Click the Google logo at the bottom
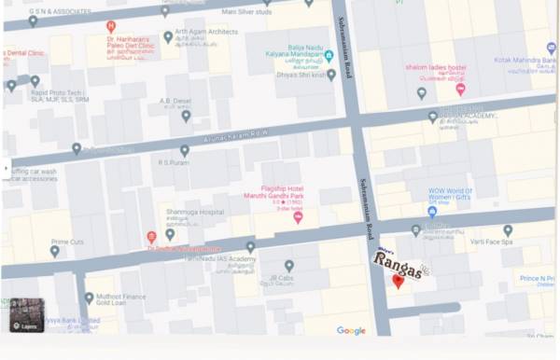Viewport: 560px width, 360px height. pos(351,330)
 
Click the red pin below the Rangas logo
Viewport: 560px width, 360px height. pos(399,282)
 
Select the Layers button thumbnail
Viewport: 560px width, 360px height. pos(23,315)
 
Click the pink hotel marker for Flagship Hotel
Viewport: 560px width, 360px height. pos(298,217)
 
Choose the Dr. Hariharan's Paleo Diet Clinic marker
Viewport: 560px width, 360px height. pos(111,26)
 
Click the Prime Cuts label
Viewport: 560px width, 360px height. pos(67,242)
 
